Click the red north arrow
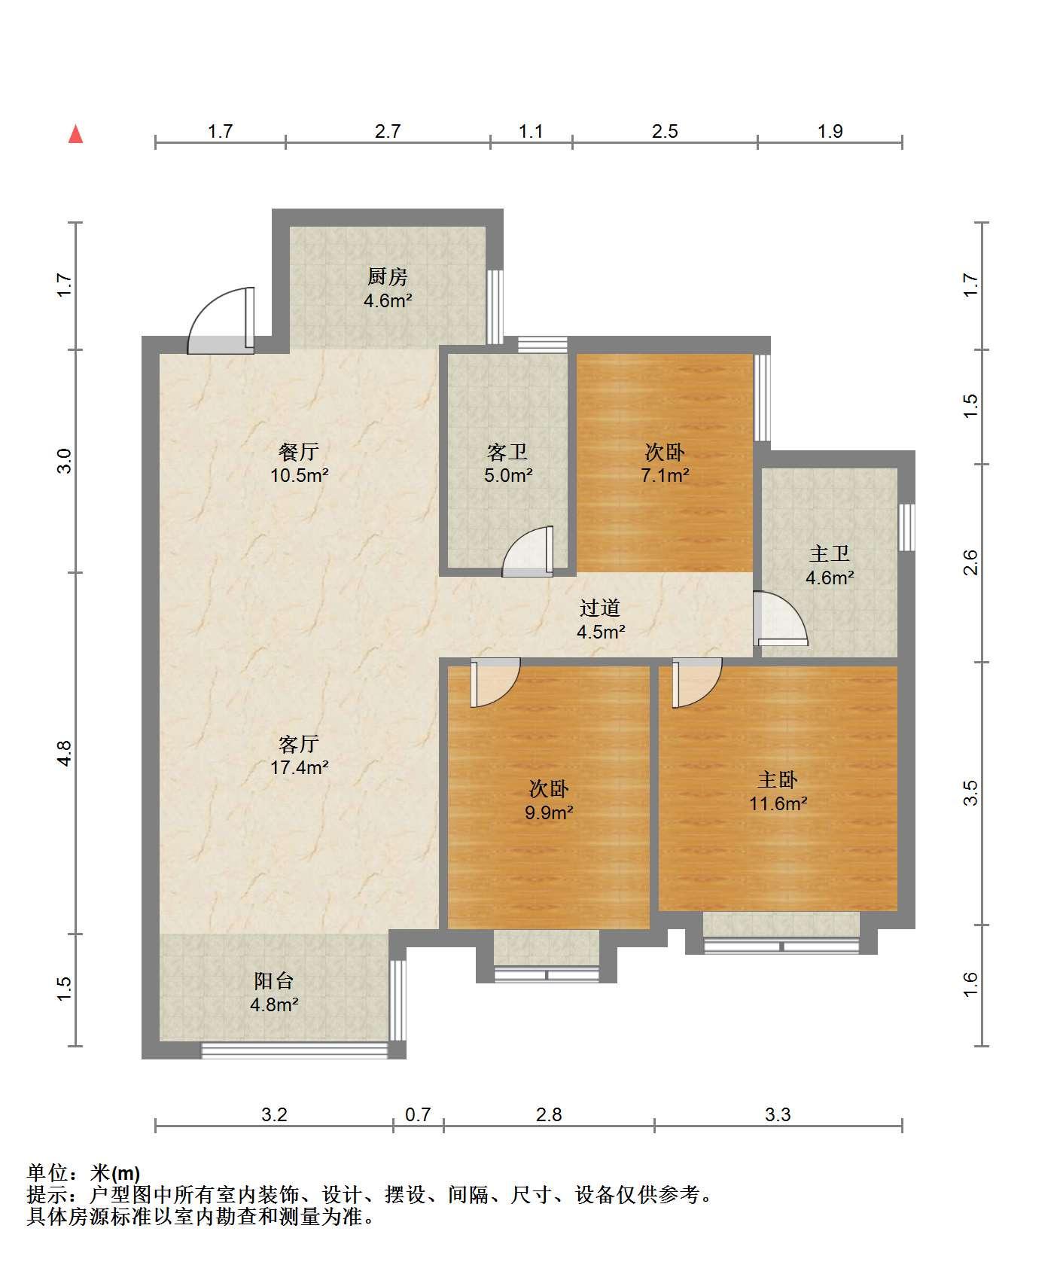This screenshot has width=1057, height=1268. pyautogui.click(x=75, y=134)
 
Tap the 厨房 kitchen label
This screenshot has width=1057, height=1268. pyautogui.click(x=388, y=277)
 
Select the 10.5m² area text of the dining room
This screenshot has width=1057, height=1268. pyautogui.click(x=300, y=475)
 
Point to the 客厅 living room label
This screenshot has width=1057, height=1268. pyautogui.click(x=299, y=744)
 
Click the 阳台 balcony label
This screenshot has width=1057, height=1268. pyautogui.click(x=273, y=980)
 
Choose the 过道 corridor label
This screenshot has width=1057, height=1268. pyautogui.click(x=600, y=608)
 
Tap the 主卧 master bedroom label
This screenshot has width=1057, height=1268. pyautogui.click(x=778, y=779)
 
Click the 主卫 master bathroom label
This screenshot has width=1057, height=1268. pyautogui.click(x=830, y=554)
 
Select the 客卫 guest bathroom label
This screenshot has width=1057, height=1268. pyautogui.click(x=507, y=452)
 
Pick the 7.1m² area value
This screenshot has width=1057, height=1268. pyautogui.click(x=666, y=475)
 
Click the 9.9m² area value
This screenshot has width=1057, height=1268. pyautogui.click(x=550, y=812)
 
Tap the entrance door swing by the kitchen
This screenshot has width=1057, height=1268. pyautogui.click(x=221, y=320)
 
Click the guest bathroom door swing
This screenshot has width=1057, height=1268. pyautogui.click(x=528, y=552)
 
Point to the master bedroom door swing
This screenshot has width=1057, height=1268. pyautogui.click(x=697, y=683)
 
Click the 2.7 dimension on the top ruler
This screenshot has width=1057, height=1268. pyautogui.click(x=388, y=131)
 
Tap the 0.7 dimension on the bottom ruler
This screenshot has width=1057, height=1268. pyautogui.click(x=418, y=1114)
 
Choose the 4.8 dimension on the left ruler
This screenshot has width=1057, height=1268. pyautogui.click(x=65, y=753)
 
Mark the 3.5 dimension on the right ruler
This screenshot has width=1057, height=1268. pyautogui.click(x=971, y=794)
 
